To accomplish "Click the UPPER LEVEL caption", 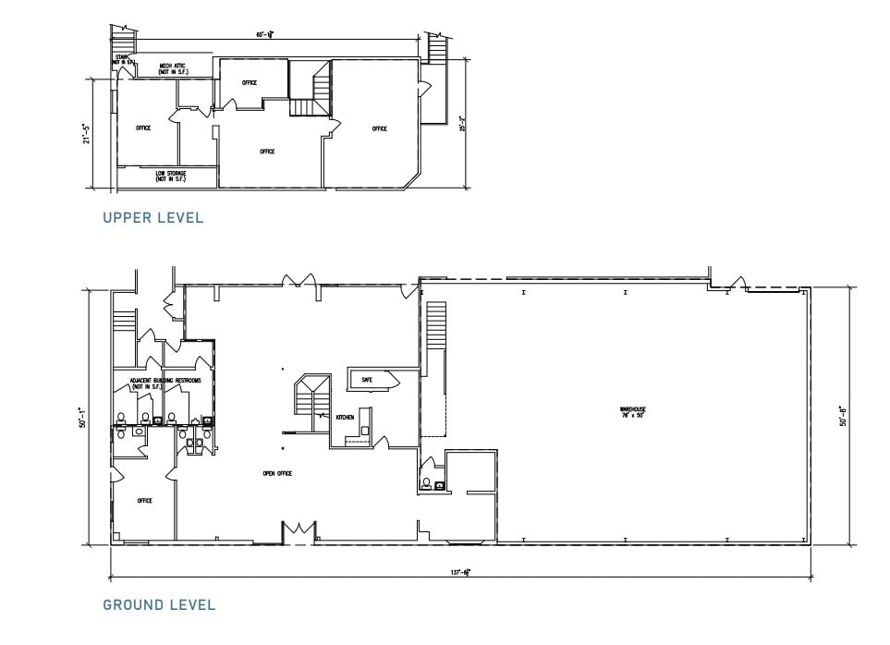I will click(152, 218).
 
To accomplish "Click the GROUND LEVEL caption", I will click(159, 605).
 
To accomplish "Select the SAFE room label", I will click(367, 380).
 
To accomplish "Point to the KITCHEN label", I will click(345, 418).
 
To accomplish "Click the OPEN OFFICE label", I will click(277, 473).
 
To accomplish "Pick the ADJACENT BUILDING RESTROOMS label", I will click(165, 383).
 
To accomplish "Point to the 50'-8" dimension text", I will click(843, 416).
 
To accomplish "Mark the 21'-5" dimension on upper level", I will click(86, 133).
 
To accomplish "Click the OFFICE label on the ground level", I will click(144, 501).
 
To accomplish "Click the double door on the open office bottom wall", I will click(299, 532).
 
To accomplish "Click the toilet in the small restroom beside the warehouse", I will click(425, 481).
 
